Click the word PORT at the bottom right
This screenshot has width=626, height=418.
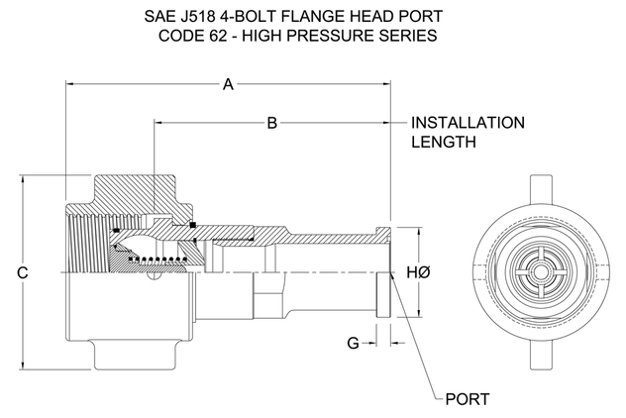467,399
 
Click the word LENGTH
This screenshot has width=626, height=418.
445,143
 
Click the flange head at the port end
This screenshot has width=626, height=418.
384,271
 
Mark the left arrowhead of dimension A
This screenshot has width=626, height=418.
69,85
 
